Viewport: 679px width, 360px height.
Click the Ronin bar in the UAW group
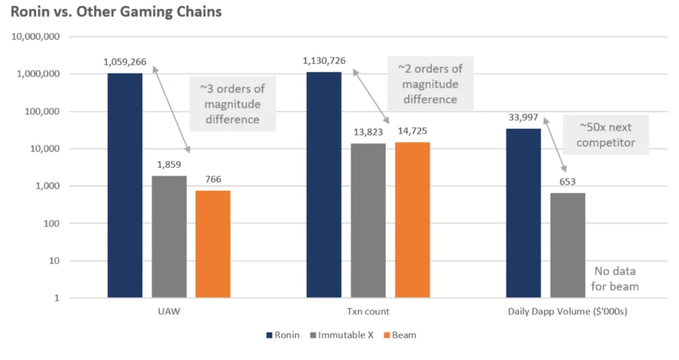[124, 185]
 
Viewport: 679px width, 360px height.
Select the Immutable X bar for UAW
[168, 237]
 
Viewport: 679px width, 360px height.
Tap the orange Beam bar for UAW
[213, 244]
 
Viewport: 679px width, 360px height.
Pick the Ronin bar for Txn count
[324, 185]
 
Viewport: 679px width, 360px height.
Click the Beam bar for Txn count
[412, 220]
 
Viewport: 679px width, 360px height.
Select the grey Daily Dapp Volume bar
[567, 245]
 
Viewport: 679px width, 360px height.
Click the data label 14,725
[412, 132]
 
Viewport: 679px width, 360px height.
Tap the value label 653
[568, 182]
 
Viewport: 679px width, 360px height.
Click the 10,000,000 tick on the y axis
[36, 37]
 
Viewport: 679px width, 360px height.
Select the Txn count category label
[368, 312]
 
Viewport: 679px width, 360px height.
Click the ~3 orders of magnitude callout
[232, 104]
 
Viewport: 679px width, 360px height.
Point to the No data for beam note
[616, 279]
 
